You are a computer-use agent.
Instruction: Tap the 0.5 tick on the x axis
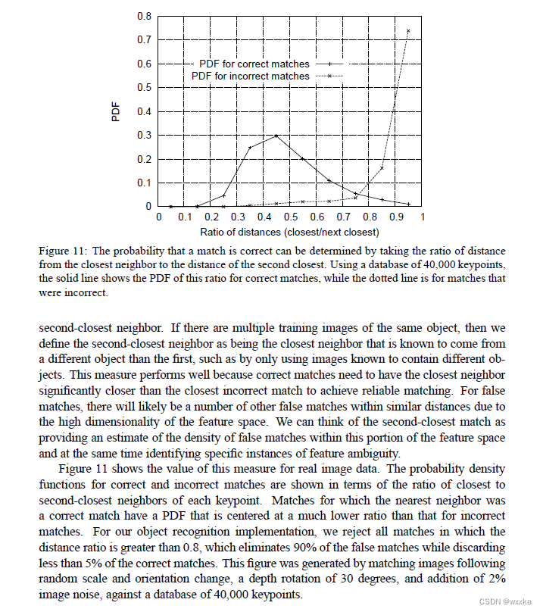click(x=291, y=217)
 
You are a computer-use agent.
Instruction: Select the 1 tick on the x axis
click(x=422, y=217)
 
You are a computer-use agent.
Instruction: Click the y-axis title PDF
click(x=116, y=111)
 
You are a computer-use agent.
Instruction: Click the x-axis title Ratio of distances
click(x=290, y=232)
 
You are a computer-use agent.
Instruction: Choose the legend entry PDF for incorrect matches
click(x=251, y=76)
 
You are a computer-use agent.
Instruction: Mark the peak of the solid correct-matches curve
click(x=276, y=136)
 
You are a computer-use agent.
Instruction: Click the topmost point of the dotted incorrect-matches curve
click(x=409, y=31)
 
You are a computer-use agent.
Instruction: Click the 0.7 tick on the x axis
click(x=343, y=217)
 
